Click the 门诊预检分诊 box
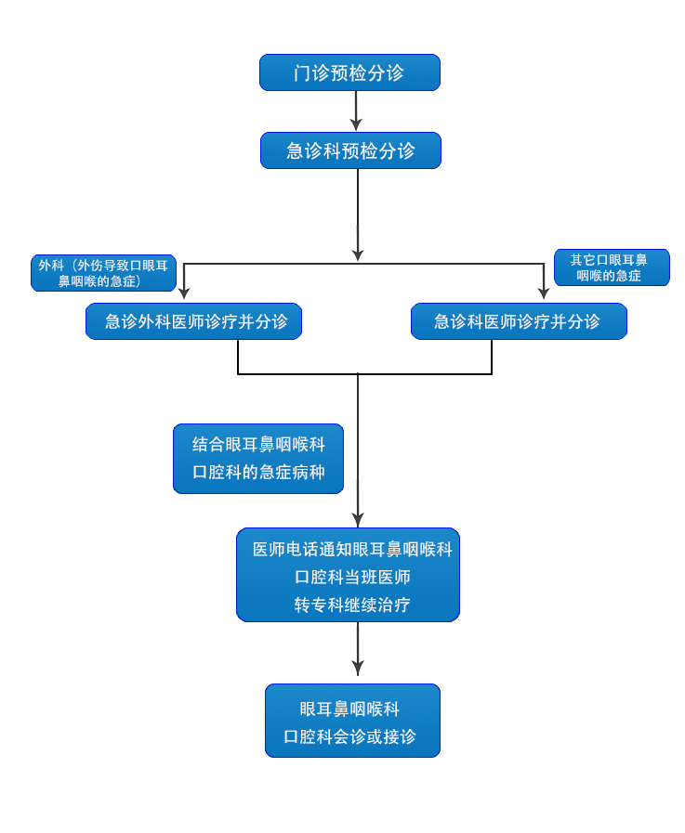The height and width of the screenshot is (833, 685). pyautogui.click(x=349, y=72)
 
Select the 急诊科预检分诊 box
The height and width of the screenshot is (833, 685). pyautogui.click(x=350, y=150)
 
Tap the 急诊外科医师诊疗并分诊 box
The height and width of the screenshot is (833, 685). pyautogui.click(x=194, y=321)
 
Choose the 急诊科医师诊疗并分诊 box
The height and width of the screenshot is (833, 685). pyautogui.click(x=518, y=321)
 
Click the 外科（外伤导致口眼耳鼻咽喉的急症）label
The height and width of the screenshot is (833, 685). pyautogui.click(x=103, y=273)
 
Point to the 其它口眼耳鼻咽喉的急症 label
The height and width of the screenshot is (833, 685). pyautogui.click(x=610, y=267)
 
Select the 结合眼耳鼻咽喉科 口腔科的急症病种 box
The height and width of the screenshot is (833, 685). pyautogui.click(x=257, y=458)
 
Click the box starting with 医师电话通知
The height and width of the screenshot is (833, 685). pyautogui.click(x=349, y=576)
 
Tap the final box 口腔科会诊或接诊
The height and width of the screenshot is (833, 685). pyautogui.click(x=351, y=722)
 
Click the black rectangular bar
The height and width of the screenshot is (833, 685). pyautogui.click(x=364, y=357)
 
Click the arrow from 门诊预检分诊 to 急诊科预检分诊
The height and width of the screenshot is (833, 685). pyautogui.click(x=356, y=111)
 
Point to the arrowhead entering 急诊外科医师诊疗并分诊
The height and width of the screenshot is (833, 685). pyautogui.click(x=184, y=292)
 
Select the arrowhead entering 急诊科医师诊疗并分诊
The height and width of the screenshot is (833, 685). pyautogui.click(x=543, y=292)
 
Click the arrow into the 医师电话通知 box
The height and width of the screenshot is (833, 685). pyautogui.click(x=358, y=516)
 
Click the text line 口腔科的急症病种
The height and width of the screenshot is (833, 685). pyautogui.click(x=257, y=472)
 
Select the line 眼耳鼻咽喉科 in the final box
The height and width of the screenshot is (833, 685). pyautogui.click(x=349, y=709)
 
